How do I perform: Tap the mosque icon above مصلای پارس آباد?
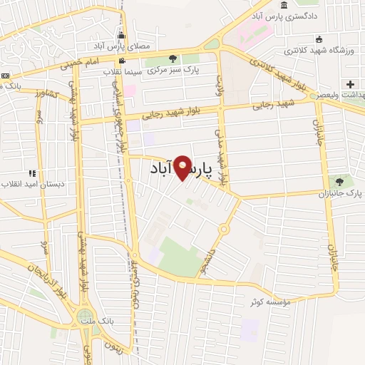click(122, 36)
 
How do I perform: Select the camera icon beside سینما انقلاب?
click(122, 61)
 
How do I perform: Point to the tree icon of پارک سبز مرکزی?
click(171, 58)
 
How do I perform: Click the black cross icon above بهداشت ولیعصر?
click(350, 84)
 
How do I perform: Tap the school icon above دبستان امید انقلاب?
click(32, 173)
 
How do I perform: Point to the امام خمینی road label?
click(75, 63)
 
